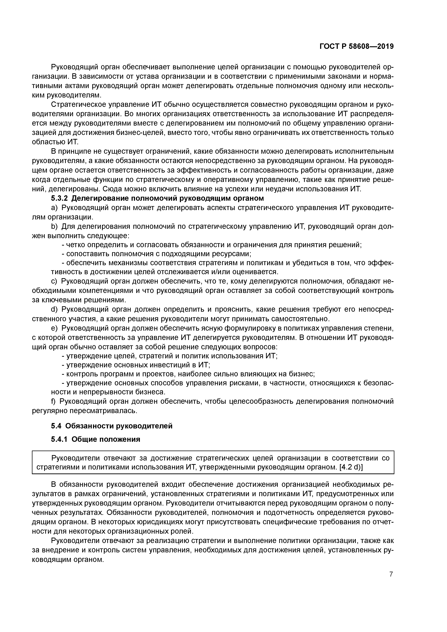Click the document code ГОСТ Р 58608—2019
[x=356, y=46]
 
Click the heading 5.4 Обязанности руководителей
[x=112, y=426]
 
